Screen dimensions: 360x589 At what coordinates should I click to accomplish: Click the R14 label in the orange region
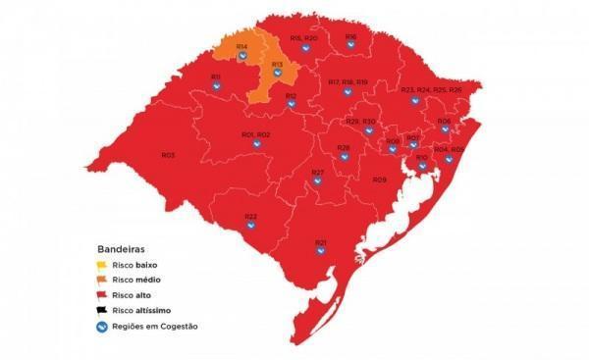pos(241,46)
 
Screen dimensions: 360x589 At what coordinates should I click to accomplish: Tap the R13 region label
pos(277,65)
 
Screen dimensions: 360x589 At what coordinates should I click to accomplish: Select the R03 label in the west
pos(168,155)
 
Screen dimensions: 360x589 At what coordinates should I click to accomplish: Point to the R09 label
pos(379,180)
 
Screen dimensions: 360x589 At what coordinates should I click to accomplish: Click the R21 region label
pos(320,241)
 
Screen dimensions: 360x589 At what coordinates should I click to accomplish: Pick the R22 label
pos(250,216)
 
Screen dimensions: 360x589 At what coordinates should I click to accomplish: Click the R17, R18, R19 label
pos(348,81)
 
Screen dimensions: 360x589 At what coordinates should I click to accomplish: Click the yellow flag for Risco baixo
pos(101,266)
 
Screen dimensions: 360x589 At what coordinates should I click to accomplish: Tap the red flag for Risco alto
pos(101,295)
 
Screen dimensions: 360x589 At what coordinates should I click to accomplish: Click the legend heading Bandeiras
pos(119,249)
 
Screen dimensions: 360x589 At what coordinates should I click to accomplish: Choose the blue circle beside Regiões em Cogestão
pos(101,326)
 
